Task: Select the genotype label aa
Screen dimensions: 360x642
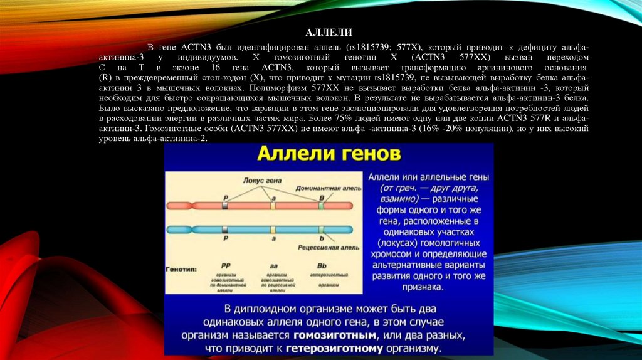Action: [273, 266]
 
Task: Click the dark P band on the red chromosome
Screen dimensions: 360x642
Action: [225, 205]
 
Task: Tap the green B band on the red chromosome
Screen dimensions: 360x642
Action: [321, 205]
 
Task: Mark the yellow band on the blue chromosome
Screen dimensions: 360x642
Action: [273, 230]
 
